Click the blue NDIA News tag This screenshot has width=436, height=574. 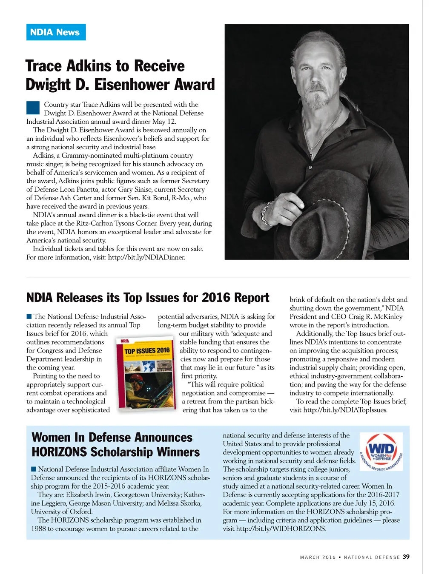pyautogui.click(x=56, y=32)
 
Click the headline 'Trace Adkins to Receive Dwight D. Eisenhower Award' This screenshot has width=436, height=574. pyautogui.click(x=120, y=75)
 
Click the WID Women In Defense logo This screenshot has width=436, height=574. pyautogui.click(x=381, y=452)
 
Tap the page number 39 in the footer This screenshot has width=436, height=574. pyautogui.click(x=406, y=557)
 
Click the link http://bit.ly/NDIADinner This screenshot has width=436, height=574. pyautogui.click(x=146, y=257)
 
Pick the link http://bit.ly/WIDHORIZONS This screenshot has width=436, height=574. pyautogui.click(x=281, y=529)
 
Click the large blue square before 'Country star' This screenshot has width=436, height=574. pyautogui.click(x=33, y=108)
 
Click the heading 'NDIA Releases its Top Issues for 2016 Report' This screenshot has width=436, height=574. pyautogui.click(x=148, y=298)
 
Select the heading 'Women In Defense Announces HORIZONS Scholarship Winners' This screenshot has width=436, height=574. pyautogui.click(x=115, y=444)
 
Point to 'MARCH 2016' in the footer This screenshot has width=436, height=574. pyautogui.click(x=318, y=557)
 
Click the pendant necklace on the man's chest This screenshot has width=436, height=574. pyautogui.click(x=313, y=151)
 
